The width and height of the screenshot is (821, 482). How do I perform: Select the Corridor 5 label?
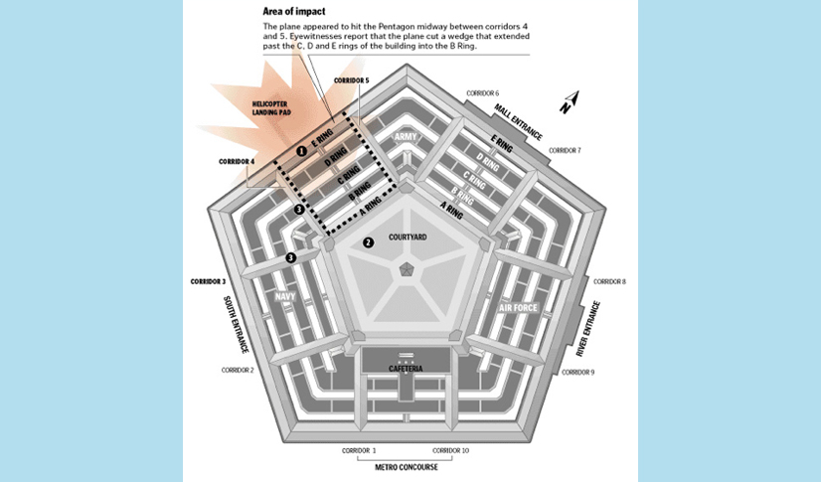coord(351,80)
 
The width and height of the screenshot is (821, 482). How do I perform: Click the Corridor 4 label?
coord(238,161)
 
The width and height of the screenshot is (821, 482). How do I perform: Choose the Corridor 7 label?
coord(564,150)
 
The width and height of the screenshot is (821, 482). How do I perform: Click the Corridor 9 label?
coord(578,372)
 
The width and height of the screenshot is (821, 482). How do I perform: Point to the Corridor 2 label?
coord(238,370)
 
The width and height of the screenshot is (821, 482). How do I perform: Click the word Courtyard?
coord(407,237)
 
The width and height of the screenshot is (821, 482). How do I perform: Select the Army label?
coord(405,137)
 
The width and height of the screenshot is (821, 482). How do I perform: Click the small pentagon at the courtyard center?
coord(406,269)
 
